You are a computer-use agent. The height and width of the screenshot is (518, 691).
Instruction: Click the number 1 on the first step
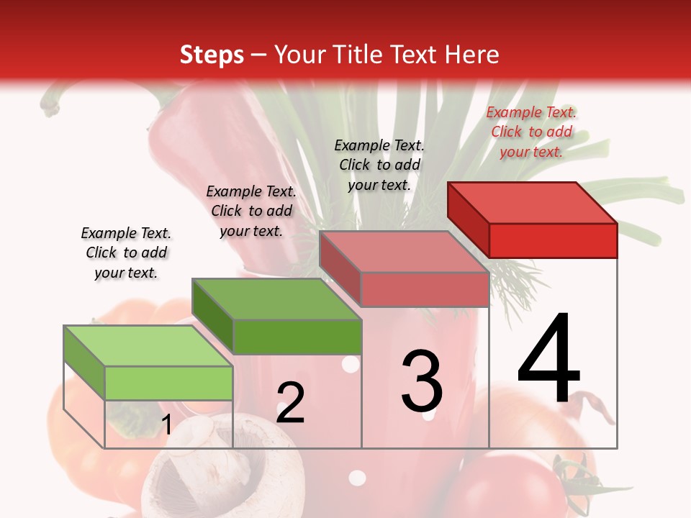(166, 425)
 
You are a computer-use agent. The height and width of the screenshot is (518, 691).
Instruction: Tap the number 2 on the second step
(290, 402)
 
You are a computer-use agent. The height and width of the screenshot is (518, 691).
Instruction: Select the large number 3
(422, 381)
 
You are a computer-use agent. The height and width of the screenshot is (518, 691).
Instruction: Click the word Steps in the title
(212, 55)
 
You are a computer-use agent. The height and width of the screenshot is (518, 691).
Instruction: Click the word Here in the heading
(472, 55)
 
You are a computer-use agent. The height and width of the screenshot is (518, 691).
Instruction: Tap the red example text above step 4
(531, 132)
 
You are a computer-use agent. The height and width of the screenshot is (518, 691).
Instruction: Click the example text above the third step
(379, 165)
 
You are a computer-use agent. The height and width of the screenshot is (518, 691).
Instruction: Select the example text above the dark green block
(251, 211)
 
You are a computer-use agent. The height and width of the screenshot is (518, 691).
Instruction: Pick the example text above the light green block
(126, 253)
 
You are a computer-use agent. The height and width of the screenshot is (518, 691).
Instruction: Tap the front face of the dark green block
(297, 337)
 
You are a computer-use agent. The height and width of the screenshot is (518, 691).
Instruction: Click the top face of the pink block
(403, 252)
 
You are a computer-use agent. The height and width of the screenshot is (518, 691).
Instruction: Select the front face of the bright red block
(553, 240)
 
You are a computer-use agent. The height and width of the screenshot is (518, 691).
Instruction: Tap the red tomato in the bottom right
(504, 482)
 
